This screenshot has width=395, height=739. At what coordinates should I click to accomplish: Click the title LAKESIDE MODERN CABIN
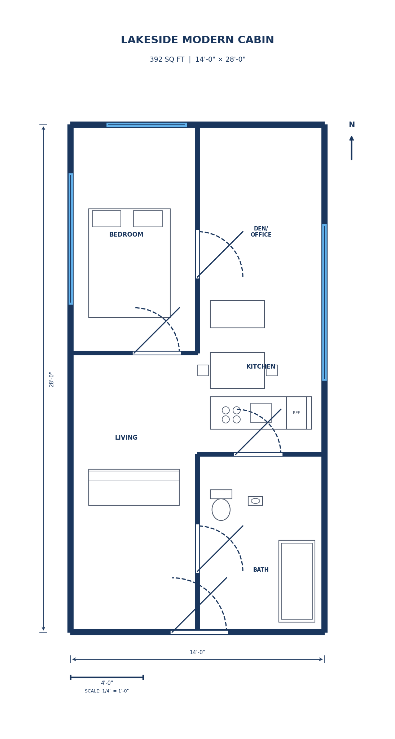point(197,40)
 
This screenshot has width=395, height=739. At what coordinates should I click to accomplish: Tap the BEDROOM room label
point(126,235)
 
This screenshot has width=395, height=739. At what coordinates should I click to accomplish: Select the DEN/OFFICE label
point(261,232)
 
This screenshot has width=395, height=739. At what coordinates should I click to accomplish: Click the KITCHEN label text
point(260,367)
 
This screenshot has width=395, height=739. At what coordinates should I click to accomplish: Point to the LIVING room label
point(126,438)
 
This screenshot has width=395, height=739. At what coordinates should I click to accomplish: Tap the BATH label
point(261,570)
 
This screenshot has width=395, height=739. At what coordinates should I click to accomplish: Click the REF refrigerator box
point(296,413)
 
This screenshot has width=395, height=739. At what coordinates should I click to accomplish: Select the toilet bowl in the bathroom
point(221,509)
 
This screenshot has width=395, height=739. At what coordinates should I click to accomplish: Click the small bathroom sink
point(255,501)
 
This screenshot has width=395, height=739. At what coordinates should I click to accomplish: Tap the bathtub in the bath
point(297,581)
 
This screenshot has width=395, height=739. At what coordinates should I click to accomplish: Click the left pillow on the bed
point(106,219)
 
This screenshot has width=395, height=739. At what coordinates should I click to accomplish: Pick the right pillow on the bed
point(148,219)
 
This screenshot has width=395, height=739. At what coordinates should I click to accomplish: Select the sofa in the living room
point(134,488)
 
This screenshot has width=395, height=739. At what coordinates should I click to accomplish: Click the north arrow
point(351,148)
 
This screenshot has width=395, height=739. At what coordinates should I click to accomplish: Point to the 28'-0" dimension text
point(52,379)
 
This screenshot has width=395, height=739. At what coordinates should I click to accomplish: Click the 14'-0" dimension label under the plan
point(197,652)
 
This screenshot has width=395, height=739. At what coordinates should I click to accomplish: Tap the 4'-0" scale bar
point(107,677)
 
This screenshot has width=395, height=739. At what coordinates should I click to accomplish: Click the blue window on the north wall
point(146,125)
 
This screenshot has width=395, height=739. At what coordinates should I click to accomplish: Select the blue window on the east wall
point(324,302)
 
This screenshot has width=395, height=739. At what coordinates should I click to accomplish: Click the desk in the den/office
point(237,314)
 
